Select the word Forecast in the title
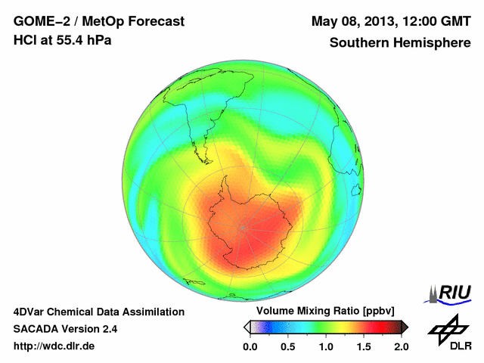click(154, 21)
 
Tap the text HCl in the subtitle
click(26, 40)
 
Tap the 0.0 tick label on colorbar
click(250, 346)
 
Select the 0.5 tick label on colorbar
click(287, 346)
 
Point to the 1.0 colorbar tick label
click(325, 346)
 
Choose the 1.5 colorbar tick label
click(363, 346)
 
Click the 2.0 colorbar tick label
click(401, 346)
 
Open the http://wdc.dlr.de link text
click(54, 346)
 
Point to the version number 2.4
click(107, 329)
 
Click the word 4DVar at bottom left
click(31, 312)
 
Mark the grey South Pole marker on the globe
click(244, 226)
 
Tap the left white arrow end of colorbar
click(247, 327)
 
